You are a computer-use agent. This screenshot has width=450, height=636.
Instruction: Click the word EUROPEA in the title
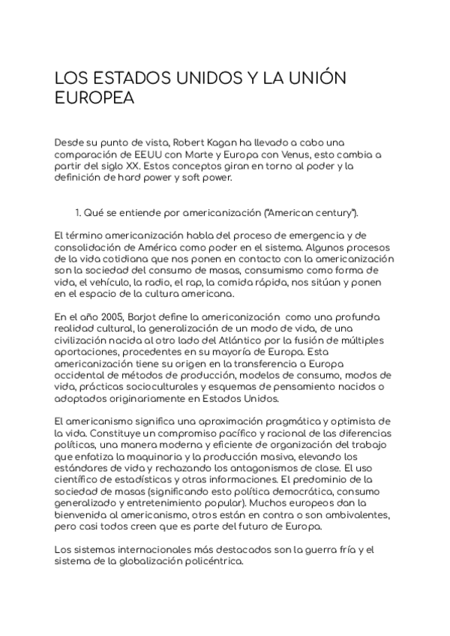click(94, 100)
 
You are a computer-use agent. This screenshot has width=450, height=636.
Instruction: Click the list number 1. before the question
click(81, 213)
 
